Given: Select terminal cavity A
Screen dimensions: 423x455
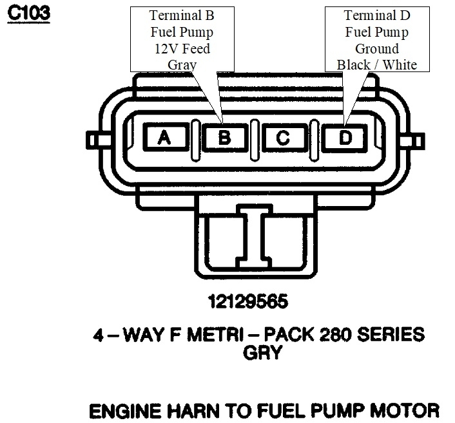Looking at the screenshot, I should pyautogui.click(x=165, y=138).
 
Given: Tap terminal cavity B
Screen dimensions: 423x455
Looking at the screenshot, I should pyautogui.click(x=224, y=138).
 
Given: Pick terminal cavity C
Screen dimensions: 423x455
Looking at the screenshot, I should pyautogui.click(x=283, y=138).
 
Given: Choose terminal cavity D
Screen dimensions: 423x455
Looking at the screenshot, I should pyautogui.click(x=346, y=138).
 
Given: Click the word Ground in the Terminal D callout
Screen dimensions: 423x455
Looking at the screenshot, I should pyautogui.click(x=376, y=48).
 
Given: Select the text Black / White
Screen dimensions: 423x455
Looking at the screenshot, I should pyautogui.click(x=376, y=64).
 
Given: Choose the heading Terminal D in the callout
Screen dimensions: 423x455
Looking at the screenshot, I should pyautogui.click(x=376, y=15).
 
